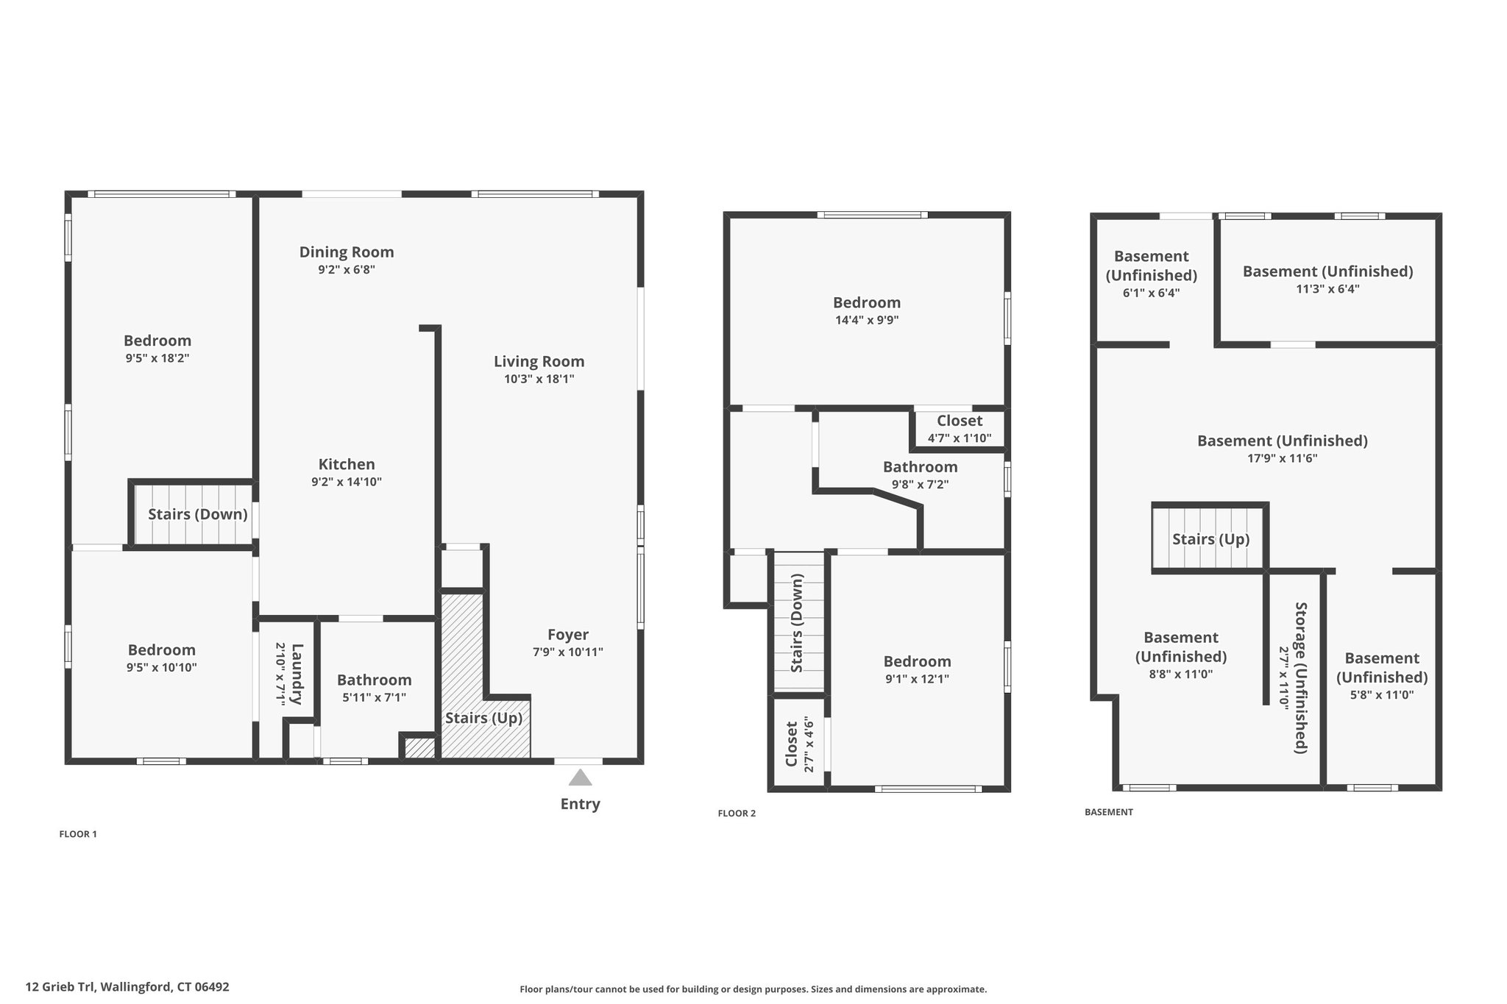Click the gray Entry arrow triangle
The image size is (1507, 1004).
click(x=580, y=777)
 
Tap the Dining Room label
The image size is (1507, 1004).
click(x=347, y=252)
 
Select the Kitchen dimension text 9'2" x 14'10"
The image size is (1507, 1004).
click(x=347, y=483)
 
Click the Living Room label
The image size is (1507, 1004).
click(x=539, y=361)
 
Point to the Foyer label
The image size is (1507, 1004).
click(x=568, y=635)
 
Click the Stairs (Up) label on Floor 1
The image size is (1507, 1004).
click(x=483, y=718)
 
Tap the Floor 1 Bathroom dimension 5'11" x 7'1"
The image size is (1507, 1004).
click(x=375, y=697)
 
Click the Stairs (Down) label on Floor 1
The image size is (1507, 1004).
click(x=198, y=514)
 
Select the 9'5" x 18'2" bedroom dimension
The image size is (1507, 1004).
click(x=157, y=358)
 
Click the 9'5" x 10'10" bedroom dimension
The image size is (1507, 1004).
click(x=162, y=668)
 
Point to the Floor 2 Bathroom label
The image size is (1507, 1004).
click(x=921, y=467)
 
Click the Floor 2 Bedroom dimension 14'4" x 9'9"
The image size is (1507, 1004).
click(x=867, y=320)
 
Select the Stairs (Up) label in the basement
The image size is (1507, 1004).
click(x=1211, y=539)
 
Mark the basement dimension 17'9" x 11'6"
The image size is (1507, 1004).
click(x=1283, y=458)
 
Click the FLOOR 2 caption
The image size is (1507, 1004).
click(x=737, y=813)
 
